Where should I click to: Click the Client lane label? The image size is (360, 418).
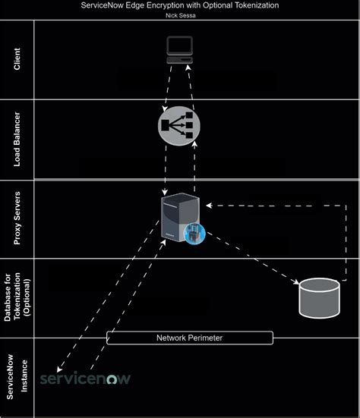point(17,61)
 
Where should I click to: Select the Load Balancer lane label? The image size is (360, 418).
point(17,140)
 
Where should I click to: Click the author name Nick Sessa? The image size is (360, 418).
point(180,14)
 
